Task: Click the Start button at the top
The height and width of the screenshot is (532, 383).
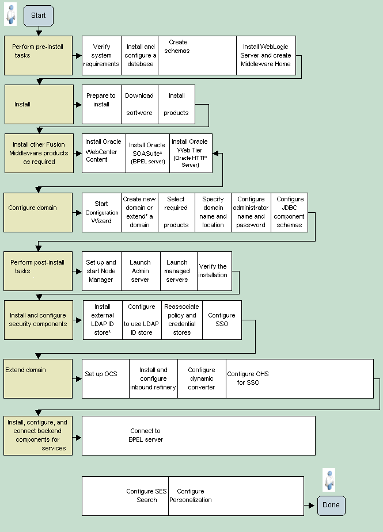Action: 39,16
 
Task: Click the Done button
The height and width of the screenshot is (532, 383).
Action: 331,505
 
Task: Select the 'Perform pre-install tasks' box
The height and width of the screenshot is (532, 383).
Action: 39,56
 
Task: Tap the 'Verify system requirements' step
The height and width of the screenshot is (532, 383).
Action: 101,56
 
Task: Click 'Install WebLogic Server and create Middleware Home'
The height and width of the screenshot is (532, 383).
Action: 266,56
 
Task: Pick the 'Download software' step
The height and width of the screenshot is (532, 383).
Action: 139,104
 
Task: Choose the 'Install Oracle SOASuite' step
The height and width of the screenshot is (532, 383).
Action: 147,153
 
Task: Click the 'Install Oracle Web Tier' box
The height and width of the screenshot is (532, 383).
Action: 190,153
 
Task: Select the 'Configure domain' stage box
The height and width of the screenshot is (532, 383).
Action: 39,212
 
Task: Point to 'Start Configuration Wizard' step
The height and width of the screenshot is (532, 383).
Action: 101,212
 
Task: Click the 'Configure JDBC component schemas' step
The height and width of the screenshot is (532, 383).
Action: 289,212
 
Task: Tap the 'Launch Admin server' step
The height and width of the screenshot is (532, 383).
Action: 140,271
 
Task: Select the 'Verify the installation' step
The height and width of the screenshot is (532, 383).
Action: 213,271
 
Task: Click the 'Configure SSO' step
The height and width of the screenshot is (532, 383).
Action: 222,320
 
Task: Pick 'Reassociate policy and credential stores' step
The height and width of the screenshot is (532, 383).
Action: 182,320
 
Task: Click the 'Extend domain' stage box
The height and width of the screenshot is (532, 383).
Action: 39,378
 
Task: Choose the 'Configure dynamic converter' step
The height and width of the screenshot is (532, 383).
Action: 202,378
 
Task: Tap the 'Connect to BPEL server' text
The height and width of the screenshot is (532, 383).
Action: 146,435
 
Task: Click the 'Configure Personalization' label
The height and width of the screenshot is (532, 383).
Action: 191,496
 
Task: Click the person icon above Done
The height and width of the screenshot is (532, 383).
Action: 329,480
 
